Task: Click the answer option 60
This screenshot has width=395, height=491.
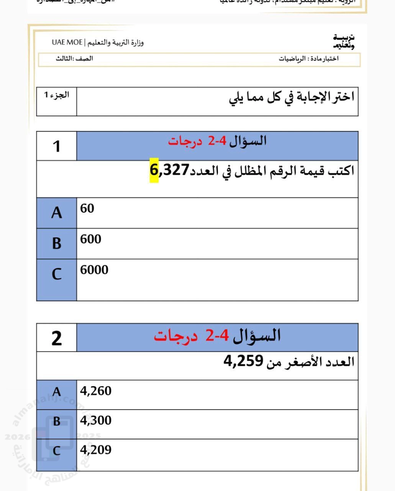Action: tap(87, 208)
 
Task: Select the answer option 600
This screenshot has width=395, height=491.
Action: tap(90, 239)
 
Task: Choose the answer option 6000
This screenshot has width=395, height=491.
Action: tap(94, 270)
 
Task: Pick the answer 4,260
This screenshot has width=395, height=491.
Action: tap(95, 391)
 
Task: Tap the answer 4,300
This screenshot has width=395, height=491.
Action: tap(95, 420)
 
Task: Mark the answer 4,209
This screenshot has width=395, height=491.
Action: tap(95, 450)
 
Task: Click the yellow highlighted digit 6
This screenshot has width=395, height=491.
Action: tap(154, 170)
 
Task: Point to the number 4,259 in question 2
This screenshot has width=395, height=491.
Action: tap(243, 361)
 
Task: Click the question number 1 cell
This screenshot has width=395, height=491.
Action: tap(56, 146)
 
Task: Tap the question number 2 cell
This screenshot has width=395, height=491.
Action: tap(56, 338)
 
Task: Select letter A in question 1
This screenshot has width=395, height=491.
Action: tap(56, 213)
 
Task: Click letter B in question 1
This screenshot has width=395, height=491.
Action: tap(56, 243)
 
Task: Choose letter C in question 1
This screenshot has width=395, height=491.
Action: tap(56, 274)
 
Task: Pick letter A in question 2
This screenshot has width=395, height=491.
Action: tap(56, 392)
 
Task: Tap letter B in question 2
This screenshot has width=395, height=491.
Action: tap(56, 421)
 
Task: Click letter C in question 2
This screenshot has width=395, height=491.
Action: tap(56, 451)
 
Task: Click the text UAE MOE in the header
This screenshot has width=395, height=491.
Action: tap(67, 42)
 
